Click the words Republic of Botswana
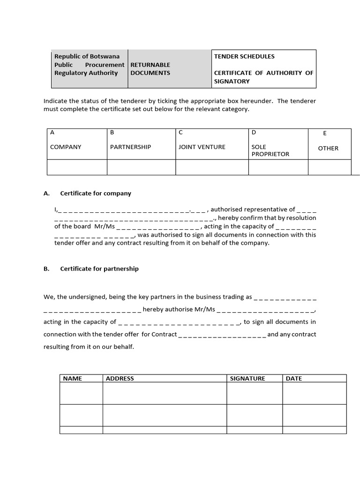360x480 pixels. (87, 56)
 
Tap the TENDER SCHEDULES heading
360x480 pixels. (244, 56)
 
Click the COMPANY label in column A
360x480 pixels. (66, 147)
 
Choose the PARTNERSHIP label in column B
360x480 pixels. (130, 147)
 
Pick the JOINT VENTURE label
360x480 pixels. (202, 147)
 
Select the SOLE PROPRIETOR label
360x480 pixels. (270, 150)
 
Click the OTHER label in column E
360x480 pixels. (328, 148)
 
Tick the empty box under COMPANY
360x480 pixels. (77, 167)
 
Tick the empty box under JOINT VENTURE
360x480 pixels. (212, 167)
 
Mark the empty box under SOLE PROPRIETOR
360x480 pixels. (278, 167)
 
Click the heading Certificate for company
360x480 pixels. (96, 193)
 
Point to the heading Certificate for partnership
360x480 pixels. (99, 269)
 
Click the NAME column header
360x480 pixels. (73, 378)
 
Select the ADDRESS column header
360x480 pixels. (120, 378)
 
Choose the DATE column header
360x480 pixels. (294, 378)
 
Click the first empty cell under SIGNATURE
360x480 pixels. (255, 393)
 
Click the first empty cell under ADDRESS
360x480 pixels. (165, 393)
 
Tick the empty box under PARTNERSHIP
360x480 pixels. (141, 167)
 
